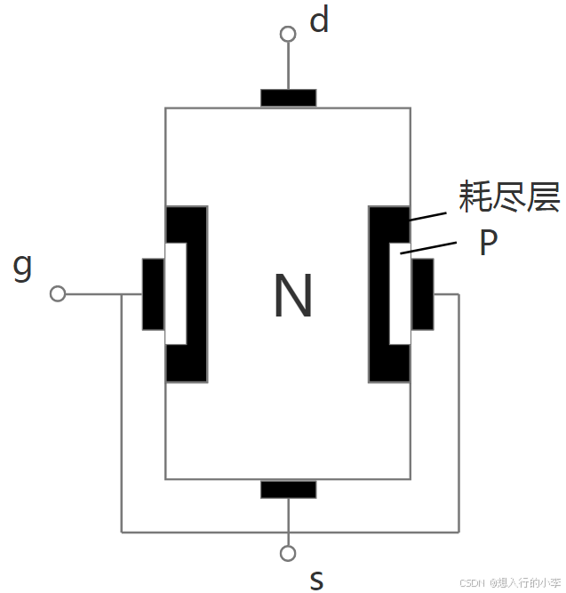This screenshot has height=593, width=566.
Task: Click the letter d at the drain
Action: [x=319, y=20]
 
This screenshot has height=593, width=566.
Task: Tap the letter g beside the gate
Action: [x=23, y=266]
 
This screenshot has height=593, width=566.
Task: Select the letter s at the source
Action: [x=316, y=580]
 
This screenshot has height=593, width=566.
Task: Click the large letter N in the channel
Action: [x=292, y=296]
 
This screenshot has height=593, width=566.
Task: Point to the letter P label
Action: [x=488, y=244]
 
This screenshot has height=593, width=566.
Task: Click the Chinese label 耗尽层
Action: [x=509, y=197]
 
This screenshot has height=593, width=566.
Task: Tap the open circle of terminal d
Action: [x=288, y=35]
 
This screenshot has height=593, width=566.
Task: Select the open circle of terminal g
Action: [x=59, y=293]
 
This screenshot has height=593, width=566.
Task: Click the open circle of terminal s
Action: [x=288, y=553]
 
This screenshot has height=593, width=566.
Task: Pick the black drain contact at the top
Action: [x=288, y=98]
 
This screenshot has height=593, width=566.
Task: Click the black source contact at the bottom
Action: [x=288, y=489]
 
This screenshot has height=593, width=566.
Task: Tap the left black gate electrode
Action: [x=153, y=293]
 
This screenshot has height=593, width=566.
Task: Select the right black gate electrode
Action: [x=423, y=293]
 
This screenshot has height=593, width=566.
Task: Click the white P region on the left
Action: [x=176, y=293]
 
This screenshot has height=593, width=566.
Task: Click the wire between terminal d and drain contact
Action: [x=288, y=65]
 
